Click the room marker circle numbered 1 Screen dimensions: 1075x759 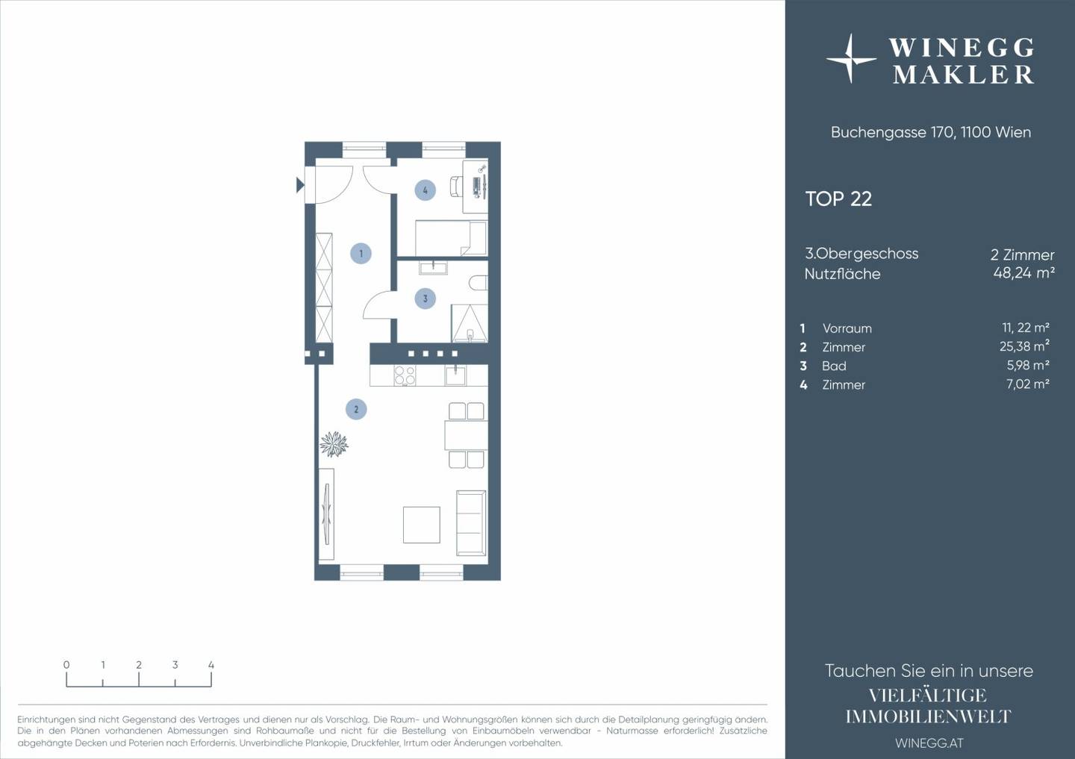pos(361,253)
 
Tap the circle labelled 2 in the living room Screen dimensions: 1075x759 pos(356,409)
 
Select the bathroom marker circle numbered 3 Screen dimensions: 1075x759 pos(426,299)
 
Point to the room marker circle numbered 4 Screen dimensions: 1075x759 pos(426,190)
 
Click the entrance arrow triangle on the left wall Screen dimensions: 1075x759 pos(300,185)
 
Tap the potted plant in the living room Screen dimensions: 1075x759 pos(334,444)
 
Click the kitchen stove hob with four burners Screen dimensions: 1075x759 pos(405,375)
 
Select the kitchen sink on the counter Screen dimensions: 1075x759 pos(455,375)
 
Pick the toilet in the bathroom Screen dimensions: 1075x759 pos(479,283)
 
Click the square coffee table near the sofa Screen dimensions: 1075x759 pos(421,525)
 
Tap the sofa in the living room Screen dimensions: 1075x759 pos(471,523)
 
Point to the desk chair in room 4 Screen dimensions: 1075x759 pos(456,186)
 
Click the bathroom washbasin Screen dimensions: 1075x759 pos(433,268)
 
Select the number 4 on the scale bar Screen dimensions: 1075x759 pos(211,665)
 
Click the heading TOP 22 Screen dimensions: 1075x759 pos(838,199)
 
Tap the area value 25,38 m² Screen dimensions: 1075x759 pos(1024,346)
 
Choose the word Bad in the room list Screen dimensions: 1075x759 pos(834,366)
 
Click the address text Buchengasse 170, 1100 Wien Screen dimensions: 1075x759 pos(930,132)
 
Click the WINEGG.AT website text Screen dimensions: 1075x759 pos(929,743)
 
